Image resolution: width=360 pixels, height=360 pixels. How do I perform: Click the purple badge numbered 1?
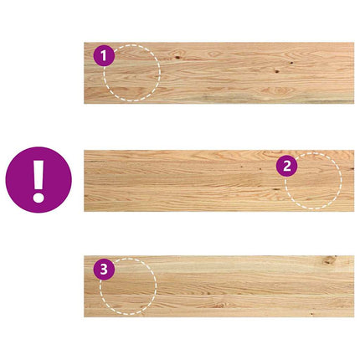104,55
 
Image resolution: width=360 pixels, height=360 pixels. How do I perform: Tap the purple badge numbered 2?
287,166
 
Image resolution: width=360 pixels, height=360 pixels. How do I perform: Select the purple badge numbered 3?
104,270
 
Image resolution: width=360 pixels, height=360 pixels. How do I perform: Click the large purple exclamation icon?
39,180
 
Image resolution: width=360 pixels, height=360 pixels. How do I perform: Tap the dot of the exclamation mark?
39,198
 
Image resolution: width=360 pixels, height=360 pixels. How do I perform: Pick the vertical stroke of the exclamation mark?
39,175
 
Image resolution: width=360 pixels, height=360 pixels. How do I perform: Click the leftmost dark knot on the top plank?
177,58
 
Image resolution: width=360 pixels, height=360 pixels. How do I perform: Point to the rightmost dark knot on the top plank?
291,63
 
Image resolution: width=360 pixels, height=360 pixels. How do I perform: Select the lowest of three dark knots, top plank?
276,71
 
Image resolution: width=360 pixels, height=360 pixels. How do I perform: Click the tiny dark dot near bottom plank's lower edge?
311,314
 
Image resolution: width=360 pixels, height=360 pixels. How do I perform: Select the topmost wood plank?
219,73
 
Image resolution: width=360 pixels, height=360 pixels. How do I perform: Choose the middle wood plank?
219,181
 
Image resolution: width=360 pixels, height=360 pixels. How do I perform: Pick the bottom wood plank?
219,286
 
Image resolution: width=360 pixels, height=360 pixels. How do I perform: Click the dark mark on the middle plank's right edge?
352,169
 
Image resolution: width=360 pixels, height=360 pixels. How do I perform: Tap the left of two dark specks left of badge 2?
241,167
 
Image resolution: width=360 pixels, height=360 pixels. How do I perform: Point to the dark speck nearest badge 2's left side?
260,169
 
